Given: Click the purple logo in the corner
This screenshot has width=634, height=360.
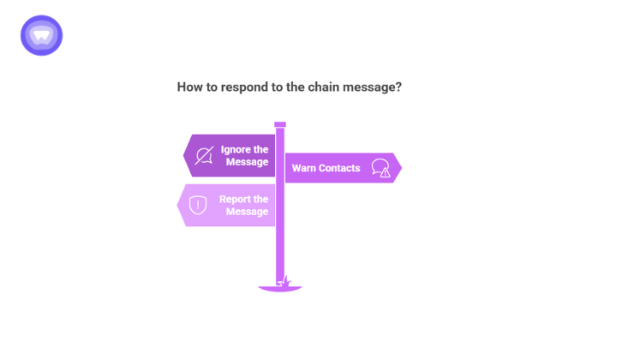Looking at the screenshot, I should (x=41, y=35).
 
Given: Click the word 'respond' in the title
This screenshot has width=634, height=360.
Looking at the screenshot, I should (x=242, y=87).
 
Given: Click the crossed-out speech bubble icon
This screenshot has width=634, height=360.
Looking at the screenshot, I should (x=204, y=155).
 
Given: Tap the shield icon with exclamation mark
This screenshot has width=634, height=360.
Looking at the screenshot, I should (x=198, y=205).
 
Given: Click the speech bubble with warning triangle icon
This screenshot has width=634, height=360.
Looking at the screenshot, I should (x=380, y=168).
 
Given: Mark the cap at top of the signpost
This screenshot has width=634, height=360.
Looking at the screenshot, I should (x=280, y=124).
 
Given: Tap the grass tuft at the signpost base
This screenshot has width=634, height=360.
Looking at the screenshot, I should (x=286, y=281).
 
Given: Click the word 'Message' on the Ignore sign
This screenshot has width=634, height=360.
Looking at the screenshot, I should (x=247, y=162).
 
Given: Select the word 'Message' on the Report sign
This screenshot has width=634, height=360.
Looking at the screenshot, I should (x=247, y=212).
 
